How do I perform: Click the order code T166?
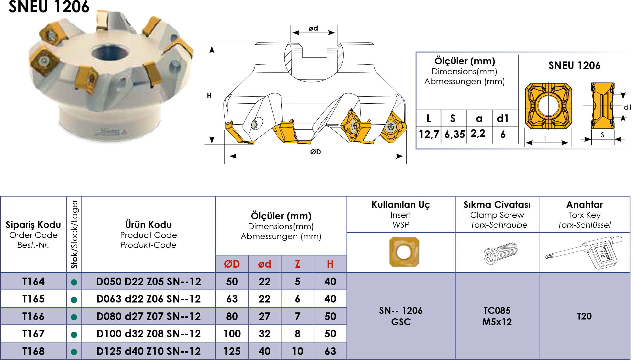tap(33, 316)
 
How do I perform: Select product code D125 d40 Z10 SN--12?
tap(148, 351)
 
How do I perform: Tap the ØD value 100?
tap(232, 334)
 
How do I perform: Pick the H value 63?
tap(330, 351)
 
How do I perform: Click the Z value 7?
tap(297, 316)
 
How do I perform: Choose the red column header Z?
tap(297, 264)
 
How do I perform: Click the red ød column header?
tap(265, 264)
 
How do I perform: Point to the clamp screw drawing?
tap(500, 253)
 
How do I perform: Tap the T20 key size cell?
tap(584, 316)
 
